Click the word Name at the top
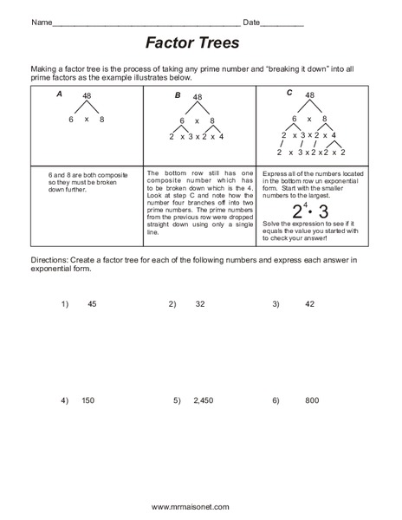pyautogui.click(x=42, y=22)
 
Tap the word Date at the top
pyautogui.click(x=252, y=22)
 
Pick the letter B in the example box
pyautogui.click(x=177, y=95)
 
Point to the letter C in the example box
pyautogui.click(x=290, y=91)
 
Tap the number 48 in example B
pyautogui.click(x=198, y=98)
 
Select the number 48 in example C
pyautogui.click(x=309, y=95)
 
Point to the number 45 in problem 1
pyautogui.click(x=92, y=304)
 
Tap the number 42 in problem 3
pyautogui.click(x=310, y=304)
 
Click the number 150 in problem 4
pyautogui.click(x=88, y=401)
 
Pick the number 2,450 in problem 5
pyautogui.click(x=203, y=401)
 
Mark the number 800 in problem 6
pyautogui.click(x=312, y=401)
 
